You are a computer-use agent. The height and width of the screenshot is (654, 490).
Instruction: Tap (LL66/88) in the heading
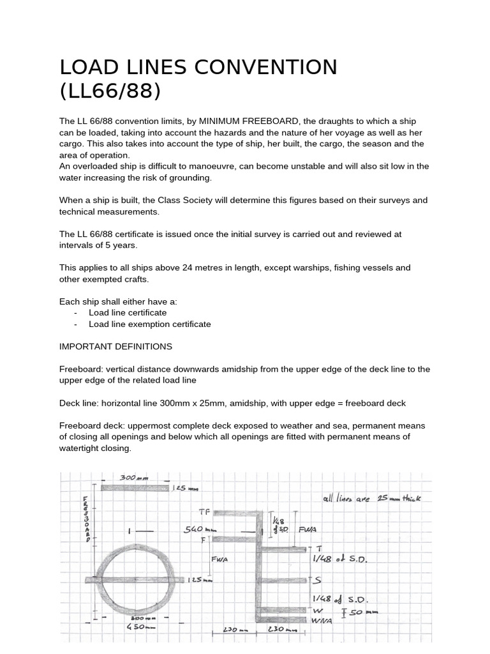(x=109, y=91)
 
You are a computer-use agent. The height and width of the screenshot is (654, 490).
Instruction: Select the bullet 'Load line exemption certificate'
(x=149, y=324)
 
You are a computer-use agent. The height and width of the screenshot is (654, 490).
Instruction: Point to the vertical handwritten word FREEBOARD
(x=87, y=518)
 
